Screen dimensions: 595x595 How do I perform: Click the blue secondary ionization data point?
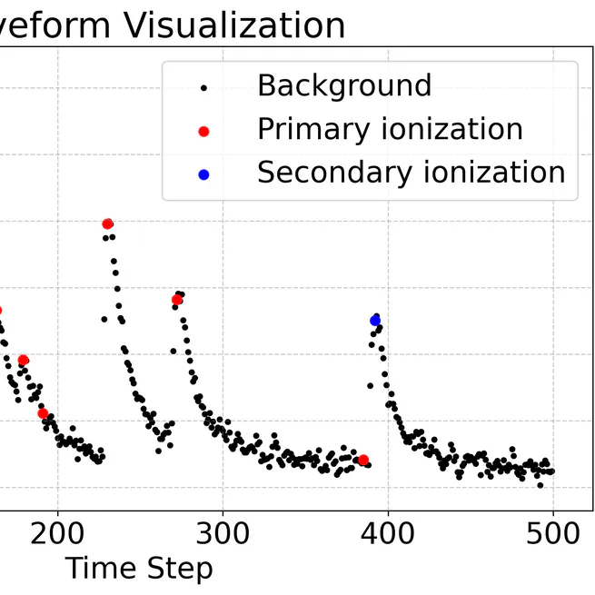[x=375, y=320]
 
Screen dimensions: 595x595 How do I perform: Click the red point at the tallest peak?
[x=107, y=223]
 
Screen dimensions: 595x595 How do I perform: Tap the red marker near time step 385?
[x=363, y=460]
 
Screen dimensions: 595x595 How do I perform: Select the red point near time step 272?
[x=177, y=300]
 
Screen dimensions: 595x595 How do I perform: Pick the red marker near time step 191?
[x=43, y=413]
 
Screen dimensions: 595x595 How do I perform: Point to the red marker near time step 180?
[x=24, y=361]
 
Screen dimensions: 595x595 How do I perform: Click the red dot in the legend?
[x=203, y=131]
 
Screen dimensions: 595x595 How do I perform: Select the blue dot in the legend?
[x=203, y=174]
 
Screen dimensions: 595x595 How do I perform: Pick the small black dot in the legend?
[x=203, y=88]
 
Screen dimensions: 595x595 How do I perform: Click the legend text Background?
[x=344, y=86]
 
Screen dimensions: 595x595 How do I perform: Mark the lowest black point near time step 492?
[x=540, y=485]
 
